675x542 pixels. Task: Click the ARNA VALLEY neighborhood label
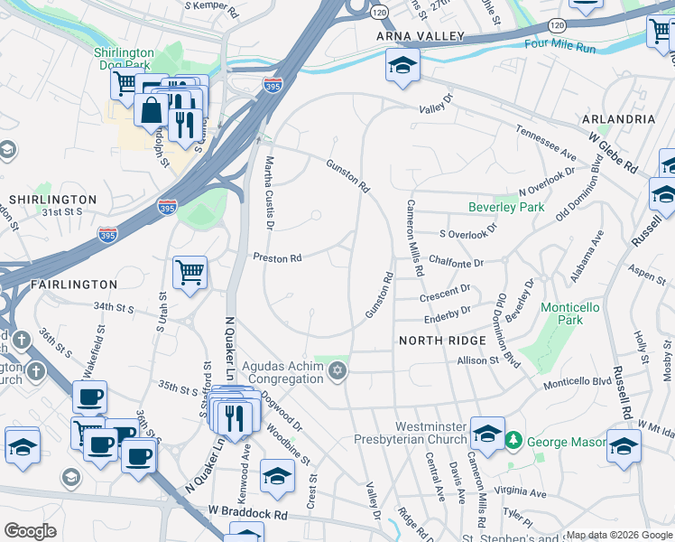[x=421, y=36]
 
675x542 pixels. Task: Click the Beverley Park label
[x=506, y=207]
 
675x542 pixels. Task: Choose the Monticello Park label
[x=569, y=313]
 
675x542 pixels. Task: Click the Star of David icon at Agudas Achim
[x=338, y=372]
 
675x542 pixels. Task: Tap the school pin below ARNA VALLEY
[x=402, y=66]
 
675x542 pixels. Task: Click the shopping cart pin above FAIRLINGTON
[x=190, y=271]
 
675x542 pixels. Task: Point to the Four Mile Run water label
[x=559, y=43]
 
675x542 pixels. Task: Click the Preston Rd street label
[x=276, y=258]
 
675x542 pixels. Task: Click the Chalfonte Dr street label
[x=457, y=263]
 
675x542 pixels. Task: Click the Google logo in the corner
[x=30, y=531]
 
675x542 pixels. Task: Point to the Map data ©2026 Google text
[x=618, y=535]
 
